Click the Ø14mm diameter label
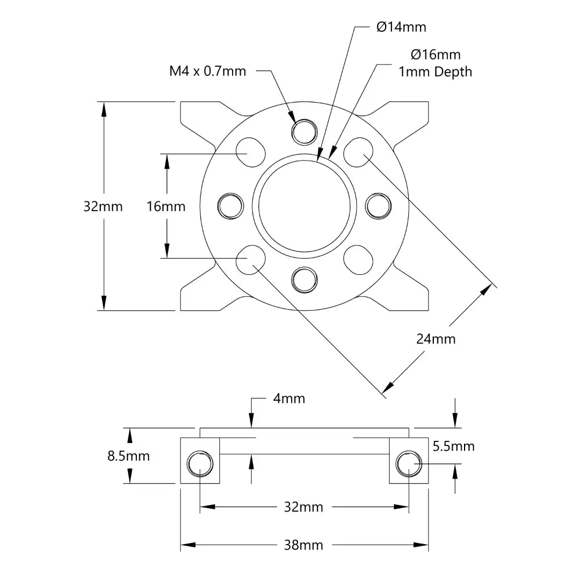pyautogui.click(x=401, y=27)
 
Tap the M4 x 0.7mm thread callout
pyautogui.click(x=208, y=71)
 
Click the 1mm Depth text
pyautogui.click(x=435, y=72)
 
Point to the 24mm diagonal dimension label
pyautogui.click(x=436, y=339)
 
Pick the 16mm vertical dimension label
pyautogui.click(x=166, y=206)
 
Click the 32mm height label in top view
pyautogui.click(x=103, y=206)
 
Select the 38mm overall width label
pyautogui.click(x=304, y=545)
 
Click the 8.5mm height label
pyautogui.click(x=129, y=456)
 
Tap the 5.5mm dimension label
pyautogui.click(x=454, y=446)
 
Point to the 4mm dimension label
pyautogui.click(x=288, y=398)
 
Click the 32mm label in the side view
pyautogui.click(x=304, y=507)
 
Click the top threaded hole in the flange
pyautogui.click(x=304, y=132)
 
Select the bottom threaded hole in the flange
pyautogui.click(x=304, y=280)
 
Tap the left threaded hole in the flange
pyautogui.click(x=230, y=206)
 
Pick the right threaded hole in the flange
pyautogui.click(x=379, y=206)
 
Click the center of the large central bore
pyautogui.click(x=304, y=206)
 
